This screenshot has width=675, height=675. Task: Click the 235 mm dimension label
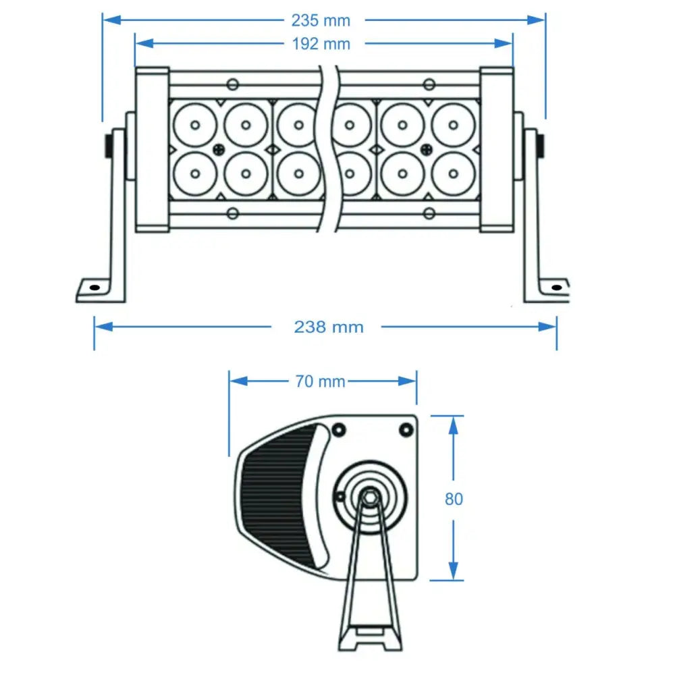tap(321, 20)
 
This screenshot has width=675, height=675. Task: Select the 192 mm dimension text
tap(321, 44)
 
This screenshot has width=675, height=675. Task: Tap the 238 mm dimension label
tap(329, 327)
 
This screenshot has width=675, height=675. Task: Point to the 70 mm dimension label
tap(321, 381)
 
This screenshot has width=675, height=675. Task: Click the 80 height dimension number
tap(454, 499)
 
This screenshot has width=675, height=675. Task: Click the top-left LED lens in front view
tap(194, 125)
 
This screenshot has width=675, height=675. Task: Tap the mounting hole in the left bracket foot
tap(94, 288)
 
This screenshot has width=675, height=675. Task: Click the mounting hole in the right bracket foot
tap(556, 288)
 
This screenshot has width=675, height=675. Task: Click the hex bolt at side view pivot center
tap(369, 496)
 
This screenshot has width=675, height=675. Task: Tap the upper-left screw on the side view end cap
tap(338, 429)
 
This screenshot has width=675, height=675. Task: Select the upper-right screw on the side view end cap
tap(406, 429)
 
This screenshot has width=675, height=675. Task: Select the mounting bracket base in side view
tap(370, 638)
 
